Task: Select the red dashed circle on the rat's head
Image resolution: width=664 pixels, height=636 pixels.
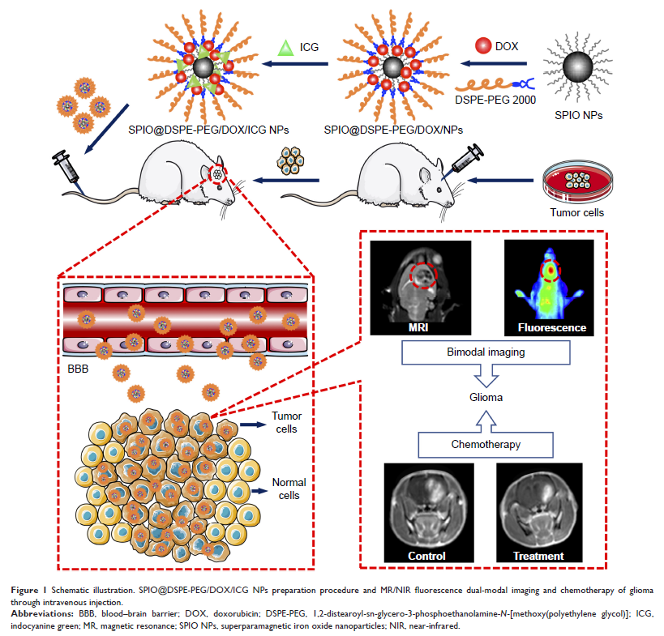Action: click(218, 173)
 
